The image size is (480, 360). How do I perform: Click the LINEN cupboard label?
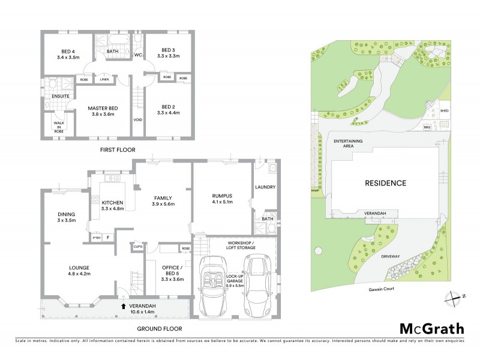click(x=104, y=79)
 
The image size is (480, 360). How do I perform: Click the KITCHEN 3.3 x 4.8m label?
click(x=112, y=205)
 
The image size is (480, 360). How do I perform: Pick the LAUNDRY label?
click(x=265, y=187)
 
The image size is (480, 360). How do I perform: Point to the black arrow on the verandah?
click(x=124, y=305)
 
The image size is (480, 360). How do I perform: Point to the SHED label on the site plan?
click(x=445, y=111)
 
